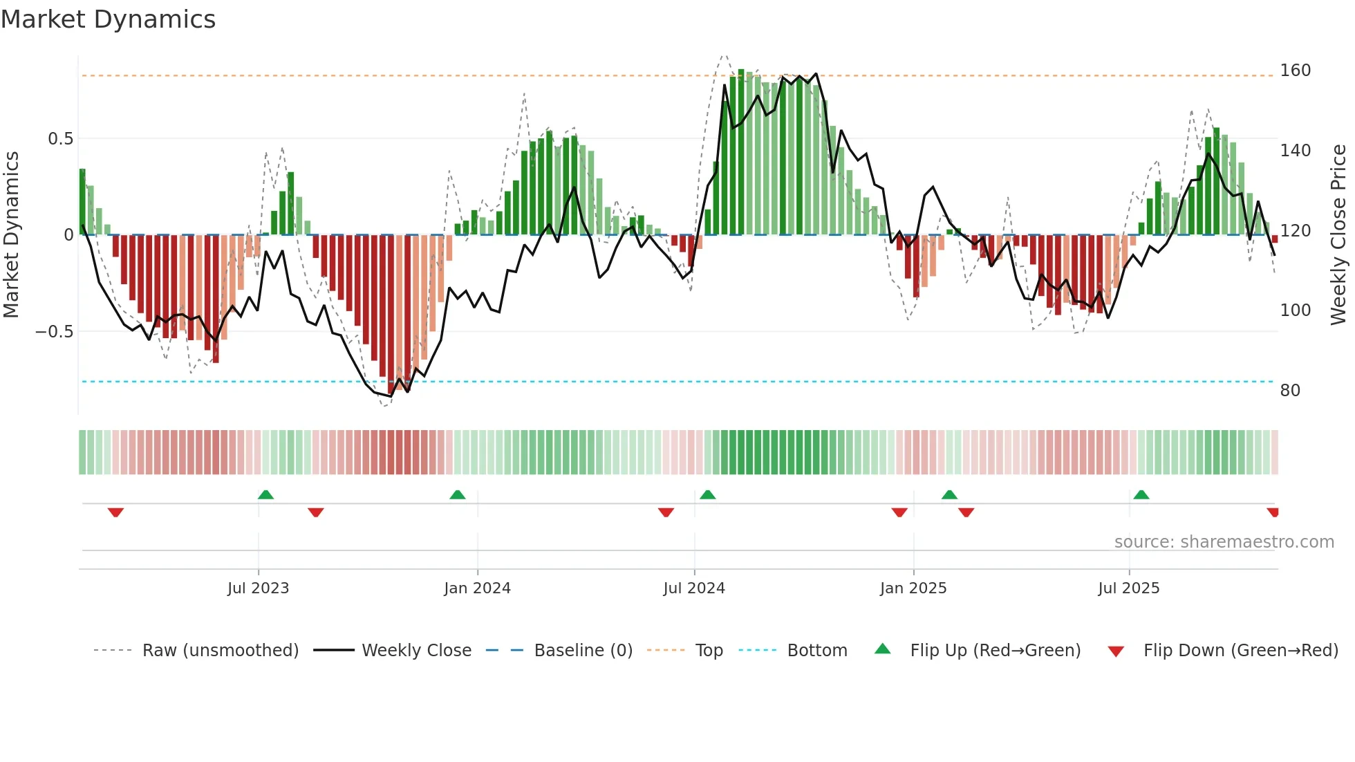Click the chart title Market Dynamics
(109, 19)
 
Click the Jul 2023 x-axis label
(258, 588)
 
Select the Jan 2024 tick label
(477, 588)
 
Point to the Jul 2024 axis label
(694, 588)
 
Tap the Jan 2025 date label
(913, 588)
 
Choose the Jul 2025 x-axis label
(1129, 588)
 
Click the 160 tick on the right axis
(1295, 71)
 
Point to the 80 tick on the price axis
(1290, 391)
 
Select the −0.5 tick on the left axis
(54, 332)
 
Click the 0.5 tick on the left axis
(60, 139)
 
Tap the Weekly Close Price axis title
(1338, 234)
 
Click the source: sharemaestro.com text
(1224, 542)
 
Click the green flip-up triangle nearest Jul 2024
(707, 494)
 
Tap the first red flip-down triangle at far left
(115, 512)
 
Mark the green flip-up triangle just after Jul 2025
(1141, 494)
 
